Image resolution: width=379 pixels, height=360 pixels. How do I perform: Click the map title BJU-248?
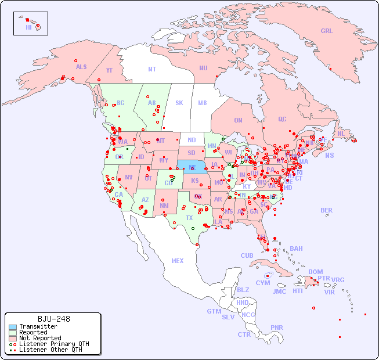point(54,319)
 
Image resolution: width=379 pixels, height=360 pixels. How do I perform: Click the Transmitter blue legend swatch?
point(12,327)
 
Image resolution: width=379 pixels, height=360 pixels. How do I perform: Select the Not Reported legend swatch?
point(12,338)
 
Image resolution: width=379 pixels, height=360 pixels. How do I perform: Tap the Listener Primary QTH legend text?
point(53,344)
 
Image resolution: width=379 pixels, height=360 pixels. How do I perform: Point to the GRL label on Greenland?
point(327,31)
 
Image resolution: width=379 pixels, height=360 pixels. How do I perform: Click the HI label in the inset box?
point(29,27)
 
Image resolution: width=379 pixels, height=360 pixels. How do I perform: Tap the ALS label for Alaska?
point(81,67)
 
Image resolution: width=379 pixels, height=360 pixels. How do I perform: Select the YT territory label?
point(109,70)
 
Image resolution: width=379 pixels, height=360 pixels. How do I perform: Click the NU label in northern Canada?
point(203,68)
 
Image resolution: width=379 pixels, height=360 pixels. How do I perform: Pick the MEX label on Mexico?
point(178,261)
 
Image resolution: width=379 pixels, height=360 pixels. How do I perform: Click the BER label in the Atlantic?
point(326,210)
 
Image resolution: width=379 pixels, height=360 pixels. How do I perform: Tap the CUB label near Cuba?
point(247,255)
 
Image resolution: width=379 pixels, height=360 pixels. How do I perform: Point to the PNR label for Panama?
point(277,327)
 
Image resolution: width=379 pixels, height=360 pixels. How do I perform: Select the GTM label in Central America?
point(214,311)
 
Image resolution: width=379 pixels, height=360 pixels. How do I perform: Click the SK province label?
point(179,103)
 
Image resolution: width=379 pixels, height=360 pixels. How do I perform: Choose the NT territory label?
point(152,69)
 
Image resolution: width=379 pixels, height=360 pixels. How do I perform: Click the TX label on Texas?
point(189,218)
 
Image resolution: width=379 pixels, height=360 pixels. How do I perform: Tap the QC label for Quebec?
point(282,119)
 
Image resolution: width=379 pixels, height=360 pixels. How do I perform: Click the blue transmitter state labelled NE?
point(193,167)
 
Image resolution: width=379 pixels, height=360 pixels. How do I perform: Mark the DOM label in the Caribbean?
point(315,272)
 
